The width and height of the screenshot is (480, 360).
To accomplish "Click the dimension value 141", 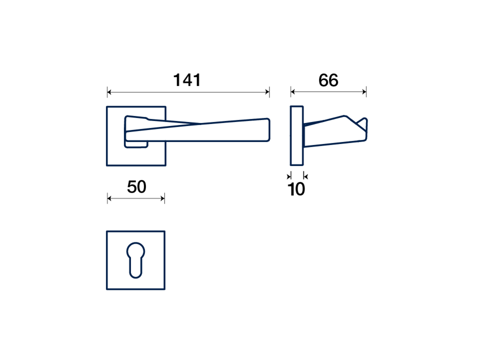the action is click(187, 80).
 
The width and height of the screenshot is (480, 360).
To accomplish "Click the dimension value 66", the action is click(328, 80).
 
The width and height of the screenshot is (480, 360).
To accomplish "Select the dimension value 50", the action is click(136, 186).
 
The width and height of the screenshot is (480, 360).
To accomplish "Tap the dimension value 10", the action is click(296, 189).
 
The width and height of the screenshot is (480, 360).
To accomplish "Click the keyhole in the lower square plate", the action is click(135, 260).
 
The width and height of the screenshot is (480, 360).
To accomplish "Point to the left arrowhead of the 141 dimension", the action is click(109, 92).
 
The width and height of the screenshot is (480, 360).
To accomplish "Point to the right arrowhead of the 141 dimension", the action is click(267, 92).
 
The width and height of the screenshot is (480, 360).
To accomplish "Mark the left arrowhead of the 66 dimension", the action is click(292, 91).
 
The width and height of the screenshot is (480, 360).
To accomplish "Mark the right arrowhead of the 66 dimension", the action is click(364, 91).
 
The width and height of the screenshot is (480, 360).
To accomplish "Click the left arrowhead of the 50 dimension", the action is click(109, 198).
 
